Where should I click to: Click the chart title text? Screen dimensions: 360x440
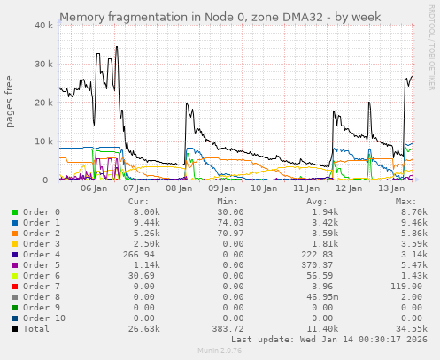(220, 17)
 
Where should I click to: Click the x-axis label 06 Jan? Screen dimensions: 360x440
(94, 188)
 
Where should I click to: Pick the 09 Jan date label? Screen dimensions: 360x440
(221, 188)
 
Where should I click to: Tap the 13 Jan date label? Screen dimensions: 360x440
(391, 188)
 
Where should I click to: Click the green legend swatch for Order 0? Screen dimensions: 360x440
(15, 212)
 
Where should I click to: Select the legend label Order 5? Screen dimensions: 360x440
(42, 264)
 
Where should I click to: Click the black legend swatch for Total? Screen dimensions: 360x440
(15, 328)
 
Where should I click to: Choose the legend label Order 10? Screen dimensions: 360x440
(44, 318)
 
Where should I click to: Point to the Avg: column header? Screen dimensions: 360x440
(316, 201)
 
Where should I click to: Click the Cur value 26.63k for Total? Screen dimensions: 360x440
(144, 328)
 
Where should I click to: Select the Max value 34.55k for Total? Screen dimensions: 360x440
(413, 328)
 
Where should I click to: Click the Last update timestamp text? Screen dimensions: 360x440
(329, 339)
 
